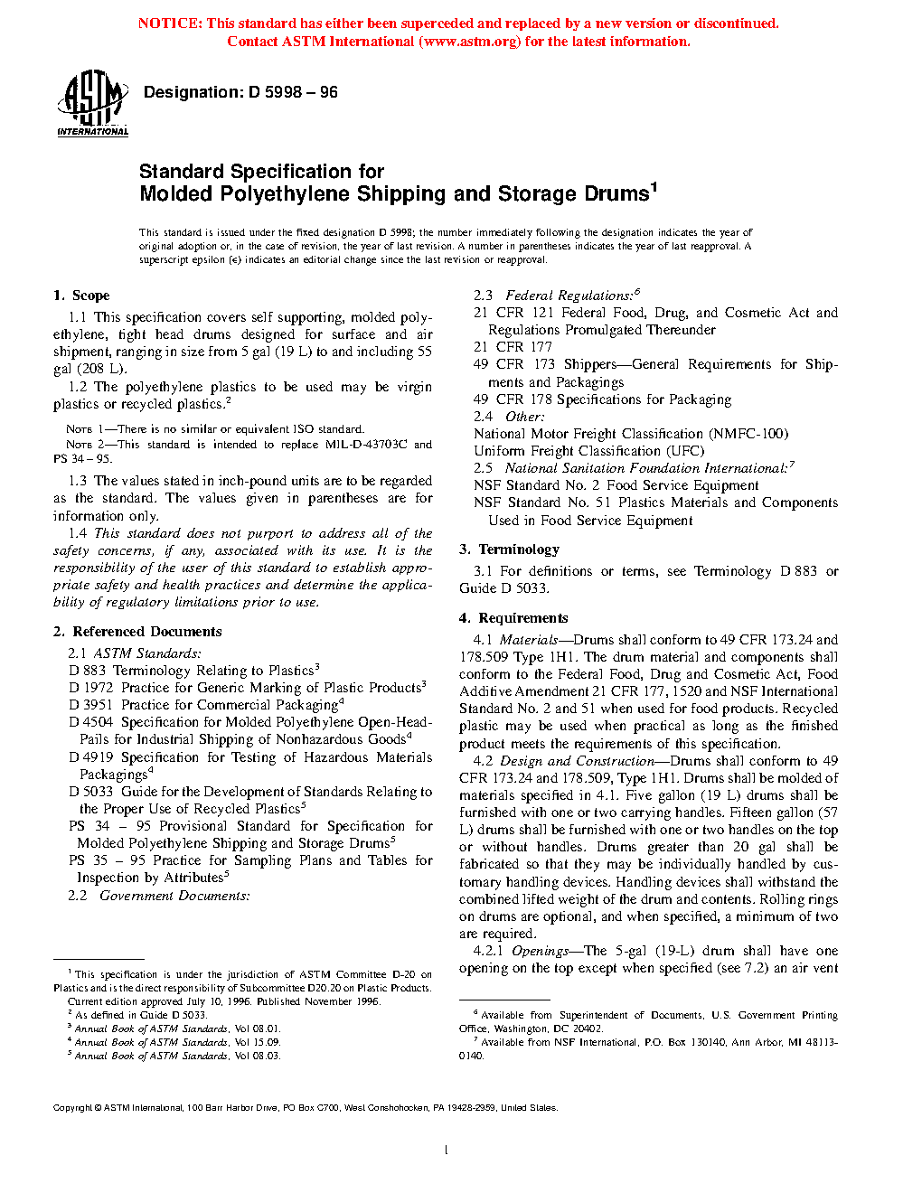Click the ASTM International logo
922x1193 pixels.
[92, 104]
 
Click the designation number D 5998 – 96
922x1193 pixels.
[292, 92]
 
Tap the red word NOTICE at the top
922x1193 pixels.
[170, 23]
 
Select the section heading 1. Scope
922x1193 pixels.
[81, 296]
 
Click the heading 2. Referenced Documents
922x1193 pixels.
[137, 632]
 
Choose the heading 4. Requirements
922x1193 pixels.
[513, 618]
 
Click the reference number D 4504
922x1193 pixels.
[91, 722]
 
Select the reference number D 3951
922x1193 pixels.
[91, 705]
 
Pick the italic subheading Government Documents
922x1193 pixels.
[174, 896]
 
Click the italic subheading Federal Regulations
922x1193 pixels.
[569, 296]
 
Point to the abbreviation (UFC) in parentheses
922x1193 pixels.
[684, 451]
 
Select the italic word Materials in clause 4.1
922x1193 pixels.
[529, 640]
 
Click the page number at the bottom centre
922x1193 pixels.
[447, 1151]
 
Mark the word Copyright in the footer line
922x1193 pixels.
[72, 1108]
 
